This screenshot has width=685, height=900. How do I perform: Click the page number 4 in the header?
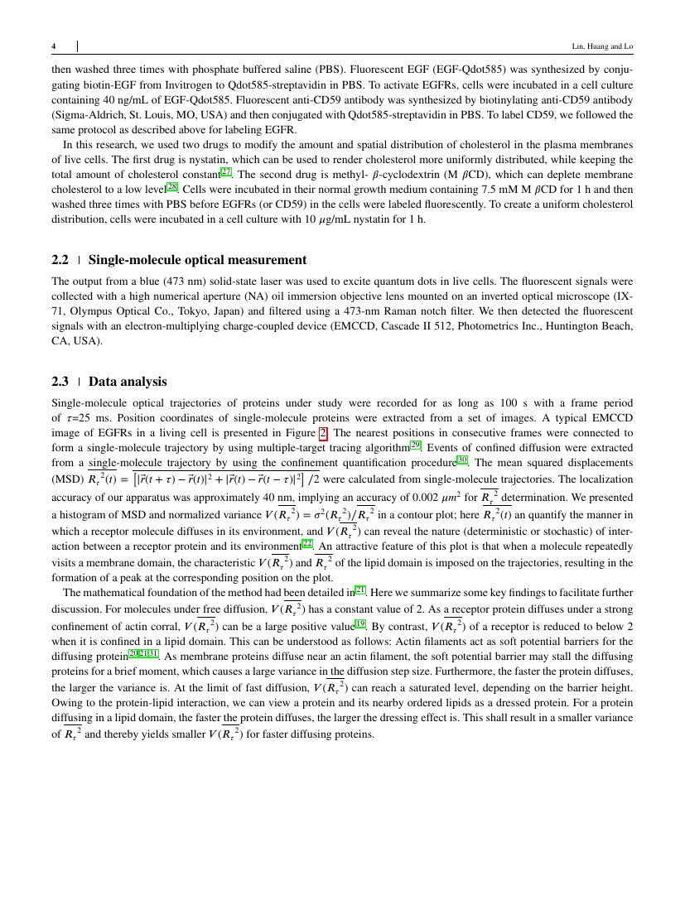click(x=54, y=46)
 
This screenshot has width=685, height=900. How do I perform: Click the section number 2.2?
click(x=60, y=259)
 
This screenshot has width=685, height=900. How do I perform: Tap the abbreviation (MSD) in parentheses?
click(x=68, y=479)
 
